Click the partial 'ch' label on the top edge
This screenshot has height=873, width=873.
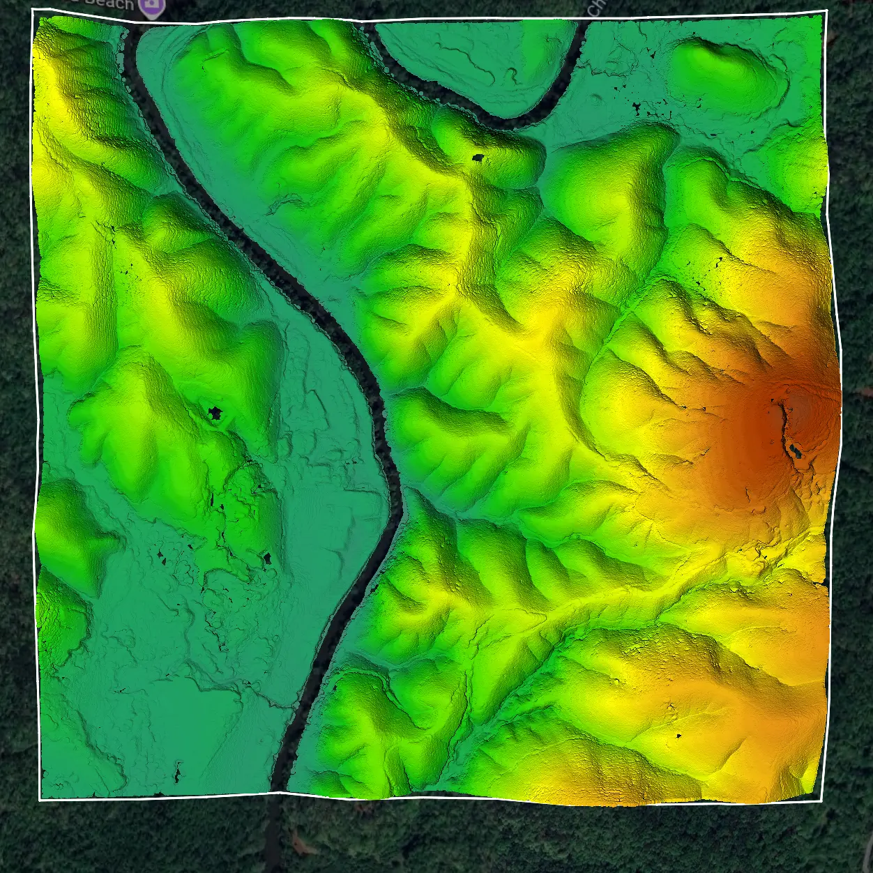[598, 7]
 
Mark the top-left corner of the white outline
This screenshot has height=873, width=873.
[33, 9]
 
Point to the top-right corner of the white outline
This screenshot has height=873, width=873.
[826, 10]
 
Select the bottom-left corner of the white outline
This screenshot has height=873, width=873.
[40, 800]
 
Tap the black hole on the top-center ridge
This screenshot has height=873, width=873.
[478, 158]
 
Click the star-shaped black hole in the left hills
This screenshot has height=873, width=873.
[215, 413]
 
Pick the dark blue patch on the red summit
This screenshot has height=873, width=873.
[795, 449]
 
